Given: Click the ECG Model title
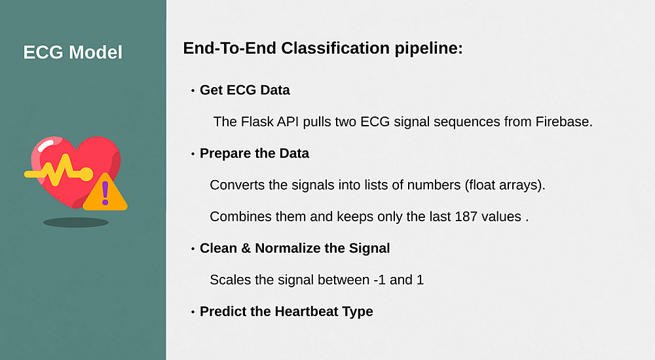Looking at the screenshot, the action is (73, 52).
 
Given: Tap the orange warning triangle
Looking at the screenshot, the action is (105, 194).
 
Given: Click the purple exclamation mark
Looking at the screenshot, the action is (105, 193).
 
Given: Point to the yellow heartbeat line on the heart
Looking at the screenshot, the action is (58, 171).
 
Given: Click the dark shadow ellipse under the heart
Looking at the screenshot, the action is (75, 222).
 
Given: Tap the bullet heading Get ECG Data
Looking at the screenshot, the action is (245, 90).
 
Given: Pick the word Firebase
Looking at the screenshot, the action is (564, 122).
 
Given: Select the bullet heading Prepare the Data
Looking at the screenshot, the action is (254, 154).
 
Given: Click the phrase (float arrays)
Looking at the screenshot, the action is (505, 185).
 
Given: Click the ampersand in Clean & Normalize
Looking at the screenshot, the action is (246, 248).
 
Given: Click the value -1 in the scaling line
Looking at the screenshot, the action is (379, 279).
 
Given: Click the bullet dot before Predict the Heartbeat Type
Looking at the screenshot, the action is (193, 312).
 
